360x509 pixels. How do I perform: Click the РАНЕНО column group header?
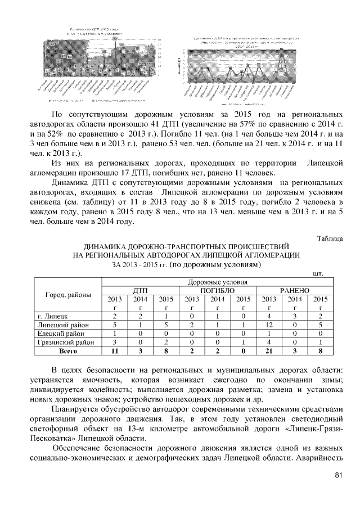(294, 290)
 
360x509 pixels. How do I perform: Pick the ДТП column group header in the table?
(140, 290)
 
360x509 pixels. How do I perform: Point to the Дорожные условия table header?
(217, 281)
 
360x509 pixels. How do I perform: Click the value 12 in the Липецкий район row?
(269, 325)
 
